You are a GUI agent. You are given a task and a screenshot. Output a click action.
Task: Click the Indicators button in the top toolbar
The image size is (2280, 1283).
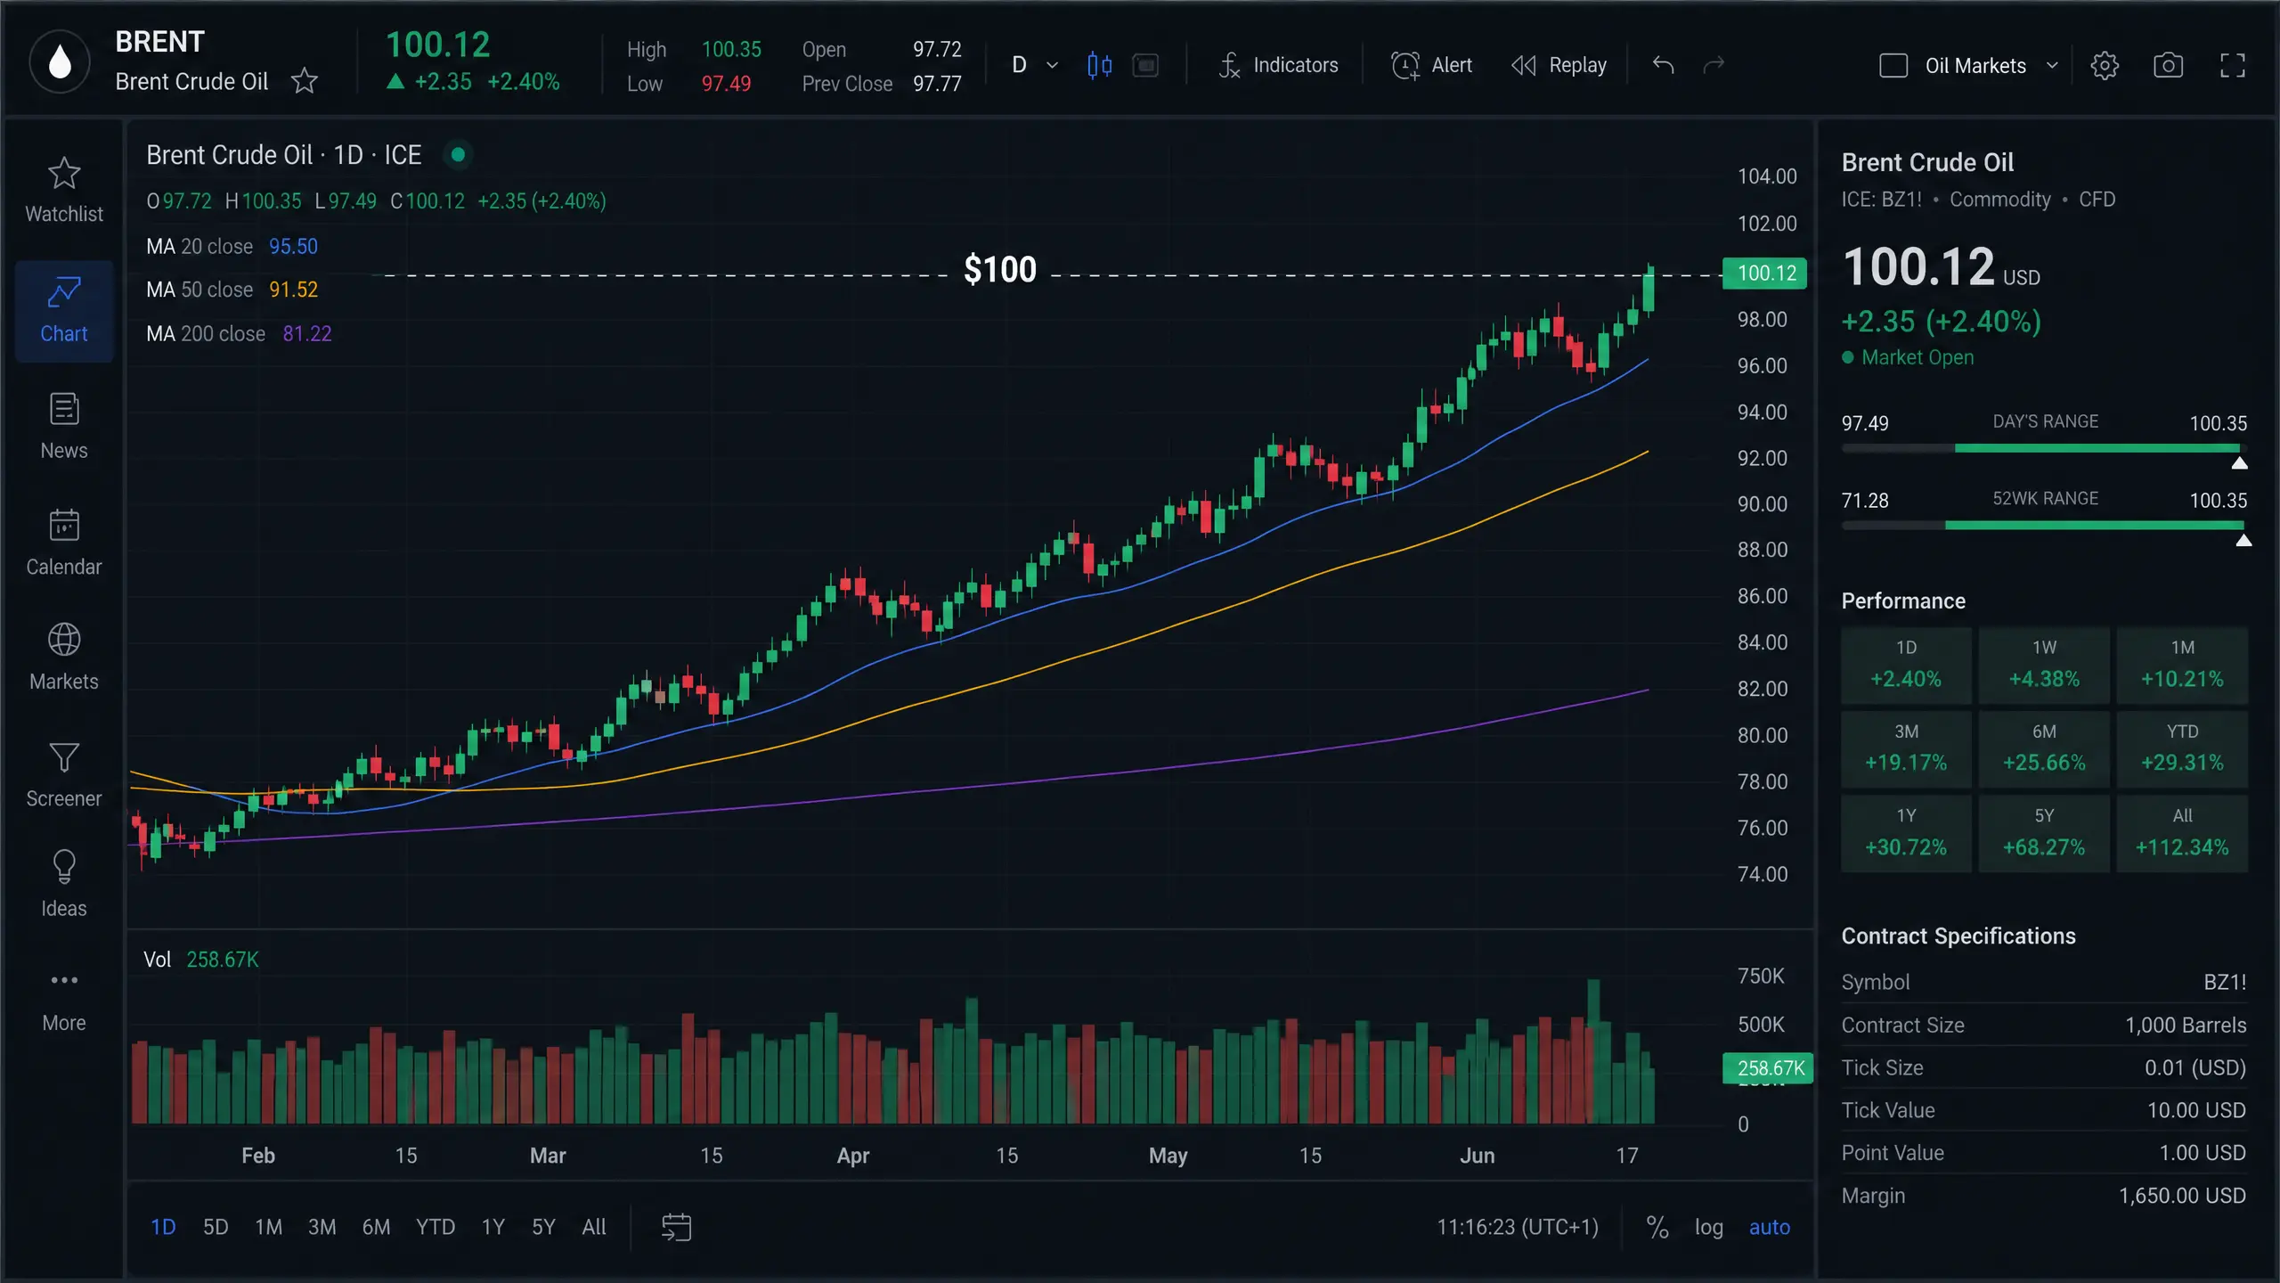[1278, 65]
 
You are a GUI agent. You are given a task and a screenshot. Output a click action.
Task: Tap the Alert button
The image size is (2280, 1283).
[1431, 65]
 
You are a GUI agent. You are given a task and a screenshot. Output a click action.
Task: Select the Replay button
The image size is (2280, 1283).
[1559, 65]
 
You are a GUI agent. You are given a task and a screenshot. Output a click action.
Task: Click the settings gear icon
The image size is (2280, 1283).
[2105, 65]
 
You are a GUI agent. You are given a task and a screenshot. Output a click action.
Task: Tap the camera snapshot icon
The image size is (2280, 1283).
[2168, 65]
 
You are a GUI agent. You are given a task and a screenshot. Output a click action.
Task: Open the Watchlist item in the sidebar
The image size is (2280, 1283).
[64, 190]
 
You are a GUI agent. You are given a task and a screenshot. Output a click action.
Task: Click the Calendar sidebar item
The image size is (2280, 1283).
[64, 543]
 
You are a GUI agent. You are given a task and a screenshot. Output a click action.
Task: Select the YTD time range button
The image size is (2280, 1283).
[436, 1227]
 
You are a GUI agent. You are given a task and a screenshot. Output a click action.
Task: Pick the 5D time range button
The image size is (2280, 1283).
[216, 1227]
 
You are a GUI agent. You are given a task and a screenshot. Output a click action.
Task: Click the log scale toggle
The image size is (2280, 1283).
[1708, 1227]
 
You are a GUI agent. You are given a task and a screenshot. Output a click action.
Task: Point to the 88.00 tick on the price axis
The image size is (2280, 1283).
[1763, 550]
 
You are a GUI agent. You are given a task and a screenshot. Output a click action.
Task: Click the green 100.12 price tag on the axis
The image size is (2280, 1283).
[1765, 273]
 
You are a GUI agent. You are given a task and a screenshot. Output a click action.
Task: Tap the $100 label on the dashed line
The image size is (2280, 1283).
[1000, 269]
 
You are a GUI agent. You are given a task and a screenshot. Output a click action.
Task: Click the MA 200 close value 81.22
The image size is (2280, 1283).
[307, 333]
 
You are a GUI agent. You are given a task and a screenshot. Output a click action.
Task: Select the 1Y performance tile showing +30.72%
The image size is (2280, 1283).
[1906, 833]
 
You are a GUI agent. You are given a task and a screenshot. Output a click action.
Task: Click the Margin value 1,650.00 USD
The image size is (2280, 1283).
[2182, 1196]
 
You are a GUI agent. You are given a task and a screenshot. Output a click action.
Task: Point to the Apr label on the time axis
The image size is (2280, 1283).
[852, 1156]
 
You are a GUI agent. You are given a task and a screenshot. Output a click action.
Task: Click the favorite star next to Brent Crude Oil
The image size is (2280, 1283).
[305, 81]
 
